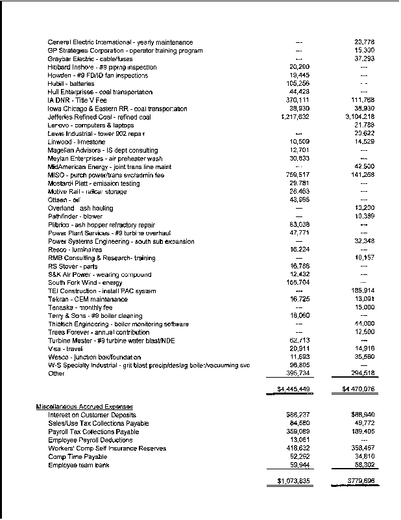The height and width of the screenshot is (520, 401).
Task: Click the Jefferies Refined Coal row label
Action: point(99,117)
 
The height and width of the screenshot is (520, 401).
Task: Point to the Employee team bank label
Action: point(79,465)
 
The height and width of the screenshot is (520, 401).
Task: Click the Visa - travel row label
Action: point(62,348)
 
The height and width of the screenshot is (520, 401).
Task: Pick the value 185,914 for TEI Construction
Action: point(361,291)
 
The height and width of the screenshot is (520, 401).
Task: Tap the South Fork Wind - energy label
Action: point(85,283)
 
